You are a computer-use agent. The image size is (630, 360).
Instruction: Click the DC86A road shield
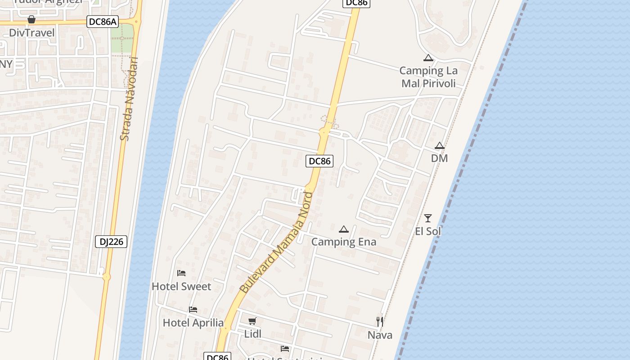pos(103,22)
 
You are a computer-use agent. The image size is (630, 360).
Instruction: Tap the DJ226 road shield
pos(111,242)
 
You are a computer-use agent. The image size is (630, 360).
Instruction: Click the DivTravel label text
pos(31,33)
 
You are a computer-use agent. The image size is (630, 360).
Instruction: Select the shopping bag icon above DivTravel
pos(31,19)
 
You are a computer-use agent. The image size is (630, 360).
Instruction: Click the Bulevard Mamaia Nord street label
pos(276,243)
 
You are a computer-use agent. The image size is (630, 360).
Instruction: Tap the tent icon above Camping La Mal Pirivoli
pos(428,58)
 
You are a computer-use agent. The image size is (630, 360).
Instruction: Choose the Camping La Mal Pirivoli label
pos(428,77)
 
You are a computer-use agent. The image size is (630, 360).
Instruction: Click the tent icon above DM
pos(440,146)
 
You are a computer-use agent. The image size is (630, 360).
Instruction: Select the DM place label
pos(440,158)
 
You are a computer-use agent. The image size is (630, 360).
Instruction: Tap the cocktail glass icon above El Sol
pos(428,218)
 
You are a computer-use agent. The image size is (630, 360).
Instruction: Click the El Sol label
pos(428,231)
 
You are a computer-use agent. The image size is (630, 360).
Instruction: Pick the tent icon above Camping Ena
pos(344,229)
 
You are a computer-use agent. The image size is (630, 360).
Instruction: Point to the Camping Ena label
pos(344,242)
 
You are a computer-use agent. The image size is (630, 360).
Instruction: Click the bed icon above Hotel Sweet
pos(181,273)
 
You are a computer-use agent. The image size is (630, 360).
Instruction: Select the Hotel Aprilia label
pos(193,323)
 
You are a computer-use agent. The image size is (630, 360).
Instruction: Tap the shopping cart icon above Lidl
pos(252,321)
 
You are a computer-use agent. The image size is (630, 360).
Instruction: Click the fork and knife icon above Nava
pos(380,321)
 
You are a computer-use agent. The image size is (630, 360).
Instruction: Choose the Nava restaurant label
pos(380,335)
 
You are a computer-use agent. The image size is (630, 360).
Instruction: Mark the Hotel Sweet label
pos(181,287)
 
